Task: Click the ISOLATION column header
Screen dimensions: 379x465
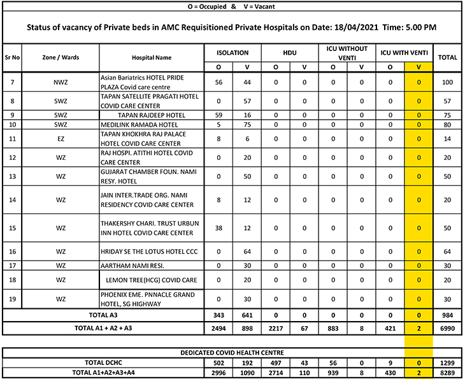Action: point(232,53)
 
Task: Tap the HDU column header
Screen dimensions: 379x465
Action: point(290,53)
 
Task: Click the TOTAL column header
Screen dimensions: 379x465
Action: point(448,57)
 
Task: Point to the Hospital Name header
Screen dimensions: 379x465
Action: point(152,57)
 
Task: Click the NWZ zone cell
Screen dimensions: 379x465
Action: point(61,82)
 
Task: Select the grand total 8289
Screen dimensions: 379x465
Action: point(448,373)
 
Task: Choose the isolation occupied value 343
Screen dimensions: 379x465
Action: point(218,315)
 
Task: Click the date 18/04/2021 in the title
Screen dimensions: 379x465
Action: point(359,28)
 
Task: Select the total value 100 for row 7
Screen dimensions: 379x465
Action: point(448,82)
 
